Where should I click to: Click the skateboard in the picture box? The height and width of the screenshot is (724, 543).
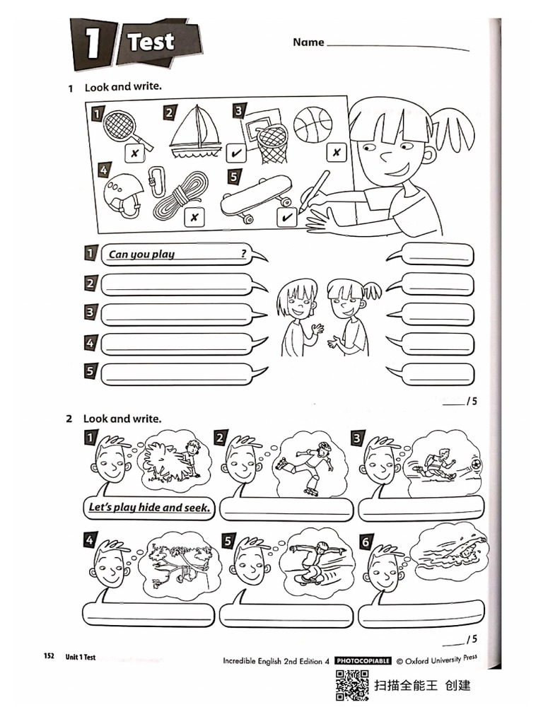point(256,196)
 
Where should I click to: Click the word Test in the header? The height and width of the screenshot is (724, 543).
point(151,42)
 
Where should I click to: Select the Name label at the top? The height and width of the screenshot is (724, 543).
point(308,42)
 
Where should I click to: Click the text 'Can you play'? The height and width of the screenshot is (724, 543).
point(142,254)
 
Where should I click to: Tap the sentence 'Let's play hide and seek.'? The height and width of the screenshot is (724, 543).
point(149,507)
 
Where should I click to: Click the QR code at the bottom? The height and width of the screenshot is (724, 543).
point(351,685)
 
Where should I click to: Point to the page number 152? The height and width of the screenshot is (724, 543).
point(49,657)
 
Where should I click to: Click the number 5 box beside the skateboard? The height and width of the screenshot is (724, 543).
point(235,178)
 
